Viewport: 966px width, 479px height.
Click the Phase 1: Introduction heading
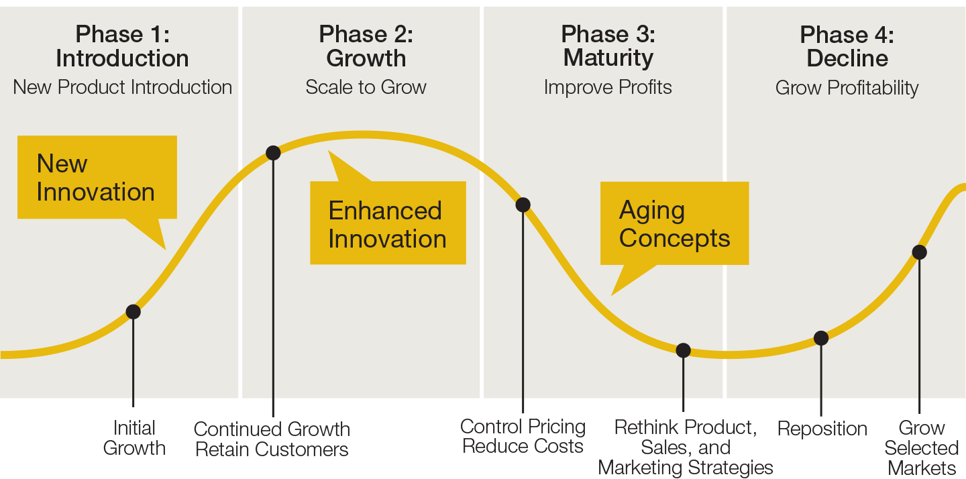point(123,46)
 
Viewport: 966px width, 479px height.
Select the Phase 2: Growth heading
point(366,46)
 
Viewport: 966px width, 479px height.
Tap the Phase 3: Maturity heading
point(608,46)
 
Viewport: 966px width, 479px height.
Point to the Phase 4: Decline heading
point(847,46)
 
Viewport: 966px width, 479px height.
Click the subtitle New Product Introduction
point(123,87)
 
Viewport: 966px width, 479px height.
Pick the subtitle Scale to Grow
point(366,87)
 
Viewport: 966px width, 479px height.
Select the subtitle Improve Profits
point(608,87)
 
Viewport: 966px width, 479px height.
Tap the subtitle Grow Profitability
point(847,88)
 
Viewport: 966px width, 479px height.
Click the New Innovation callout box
point(97,177)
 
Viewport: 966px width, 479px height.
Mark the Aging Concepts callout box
point(674,223)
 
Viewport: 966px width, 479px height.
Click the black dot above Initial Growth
point(133,312)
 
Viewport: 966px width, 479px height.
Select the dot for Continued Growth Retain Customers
point(273,153)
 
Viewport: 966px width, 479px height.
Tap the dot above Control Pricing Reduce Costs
point(523,205)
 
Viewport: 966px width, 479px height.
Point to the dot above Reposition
point(821,338)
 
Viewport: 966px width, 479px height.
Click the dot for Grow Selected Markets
point(920,252)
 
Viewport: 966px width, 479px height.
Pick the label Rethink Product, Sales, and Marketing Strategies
point(686,447)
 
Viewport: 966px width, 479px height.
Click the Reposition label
point(822,429)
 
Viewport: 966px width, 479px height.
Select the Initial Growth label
point(134,438)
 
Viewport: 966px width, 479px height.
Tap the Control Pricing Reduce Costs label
point(523,436)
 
